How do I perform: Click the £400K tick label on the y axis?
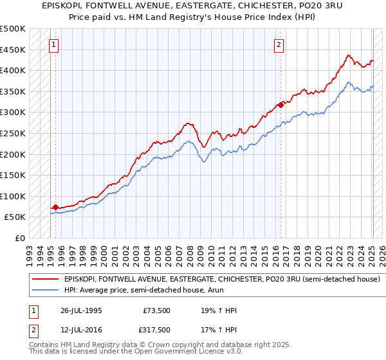click(13, 70)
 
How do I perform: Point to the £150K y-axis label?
click(13, 175)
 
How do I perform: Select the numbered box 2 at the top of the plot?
click(279, 44)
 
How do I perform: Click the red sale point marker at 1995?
click(55, 207)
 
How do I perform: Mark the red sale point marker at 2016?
click(281, 104)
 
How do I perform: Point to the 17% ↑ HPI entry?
click(219, 330)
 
